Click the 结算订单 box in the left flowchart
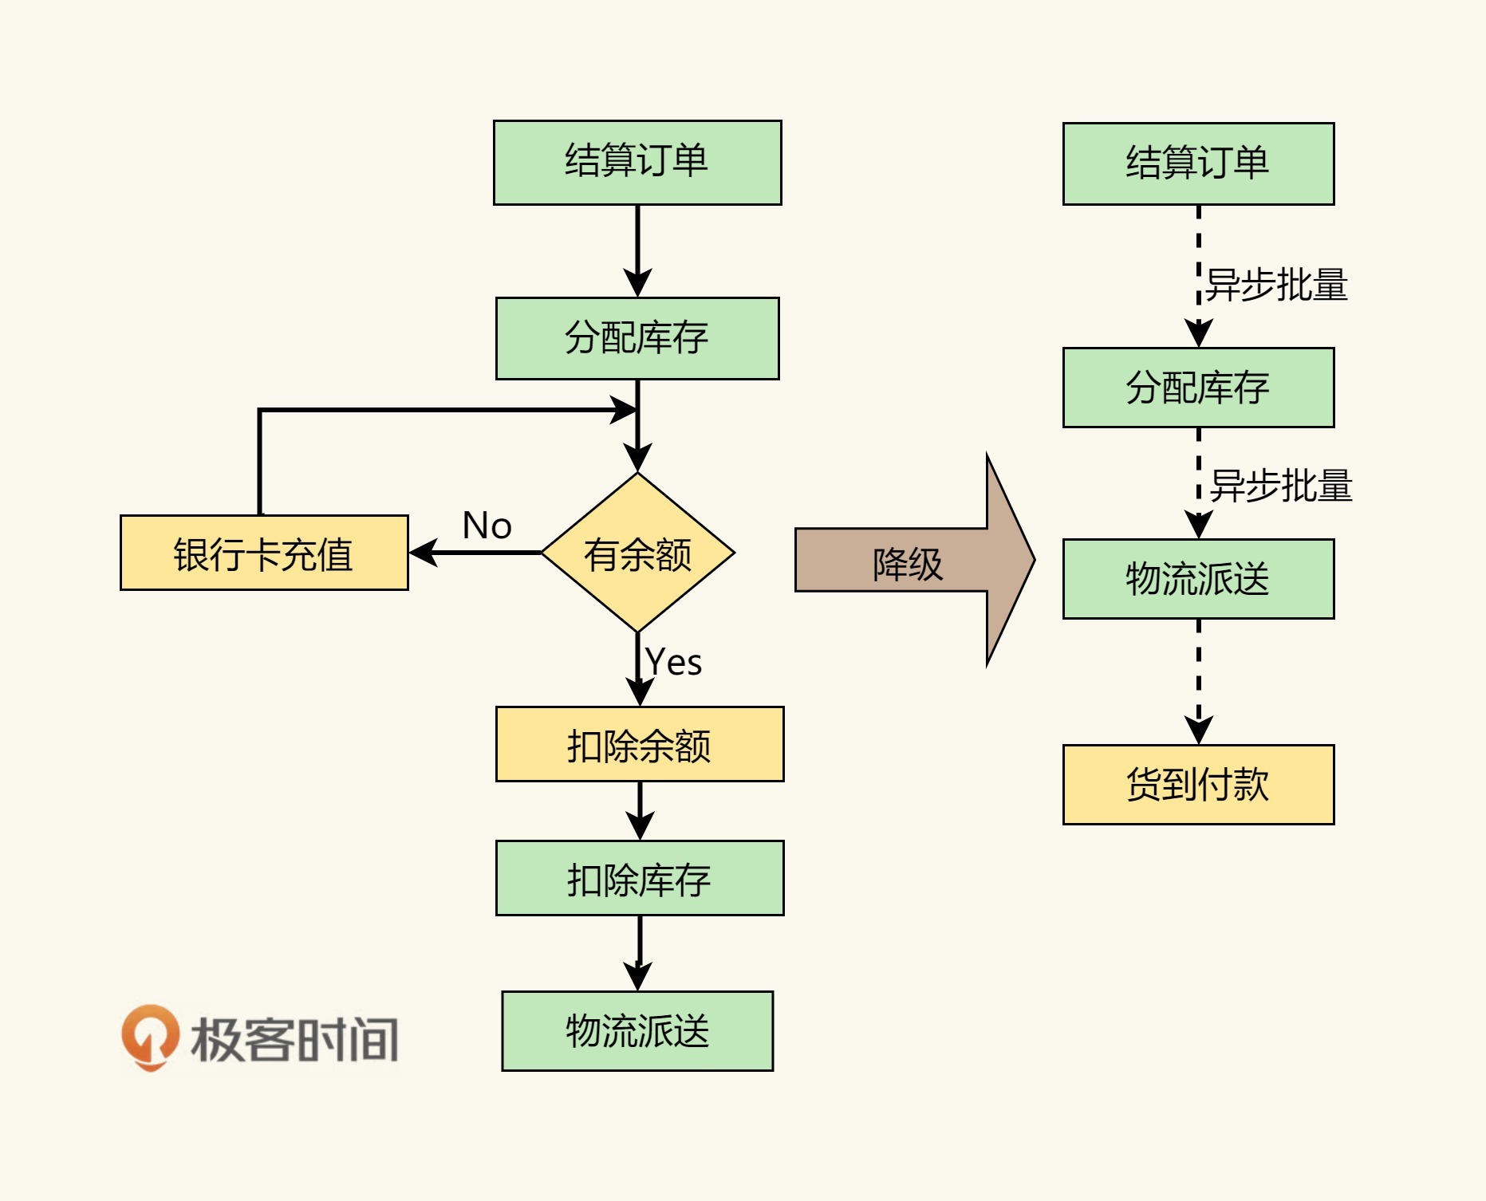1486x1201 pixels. point(637,163)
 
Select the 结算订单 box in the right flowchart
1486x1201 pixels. point(1198,164)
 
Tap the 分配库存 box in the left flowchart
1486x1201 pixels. point(637,338)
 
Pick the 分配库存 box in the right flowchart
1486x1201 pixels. point(1198,388)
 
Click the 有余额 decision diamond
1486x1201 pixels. point(637,553)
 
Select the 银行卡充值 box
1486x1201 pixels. point(264,553)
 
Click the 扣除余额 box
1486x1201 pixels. point(640,744)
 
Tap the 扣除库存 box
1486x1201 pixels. point(640,878)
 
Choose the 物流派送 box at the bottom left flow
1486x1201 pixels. point(637,1031)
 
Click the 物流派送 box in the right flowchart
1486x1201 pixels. point(1198,579)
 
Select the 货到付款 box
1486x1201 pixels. point(1198,785)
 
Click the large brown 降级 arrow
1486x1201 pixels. point(909,561)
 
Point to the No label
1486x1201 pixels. point(487,526)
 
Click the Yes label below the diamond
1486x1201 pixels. point(674,662)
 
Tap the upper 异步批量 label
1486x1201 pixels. point(1276,285)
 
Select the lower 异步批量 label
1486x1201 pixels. point(1281,486)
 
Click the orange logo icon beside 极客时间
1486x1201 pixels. point(150,1037)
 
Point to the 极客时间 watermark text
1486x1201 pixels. point(294,1040)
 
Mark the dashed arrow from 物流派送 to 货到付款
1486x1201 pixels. point(1198,682)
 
